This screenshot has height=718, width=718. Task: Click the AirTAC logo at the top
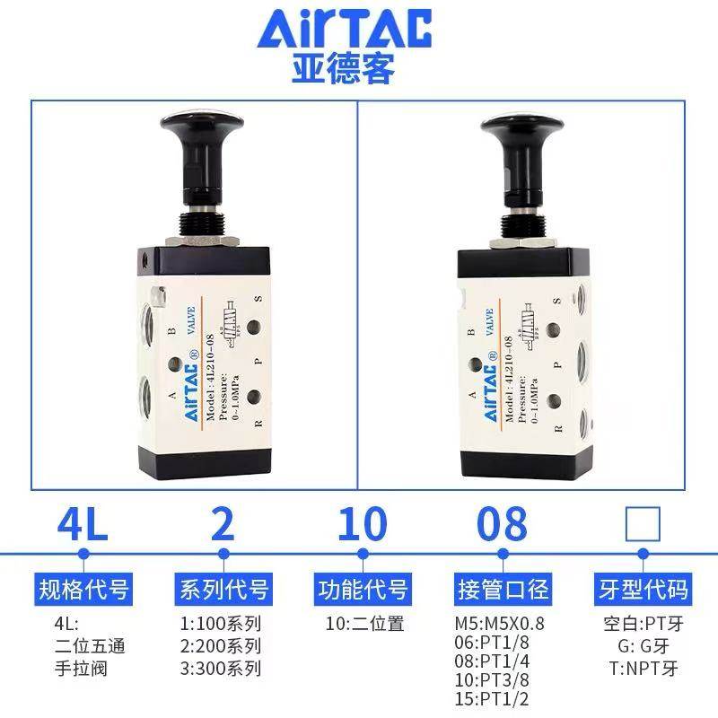click(345, 31)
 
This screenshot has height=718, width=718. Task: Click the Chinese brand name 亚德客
click(344, 70)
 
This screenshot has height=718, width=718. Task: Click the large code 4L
click(83, 524)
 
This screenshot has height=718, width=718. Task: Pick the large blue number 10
click(363, 524)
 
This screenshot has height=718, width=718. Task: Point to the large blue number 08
click(502, 524)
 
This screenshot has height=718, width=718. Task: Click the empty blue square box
click(643, 523)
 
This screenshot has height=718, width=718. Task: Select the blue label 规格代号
click(83, 589)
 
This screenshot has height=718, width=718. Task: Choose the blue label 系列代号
click(223, 589)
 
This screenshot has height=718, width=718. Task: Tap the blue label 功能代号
click(363, 589)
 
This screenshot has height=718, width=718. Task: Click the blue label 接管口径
click(503, 589)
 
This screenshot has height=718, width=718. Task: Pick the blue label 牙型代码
click(643, 589)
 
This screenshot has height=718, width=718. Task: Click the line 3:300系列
click(221, 668)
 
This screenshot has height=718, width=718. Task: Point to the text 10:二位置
click(364, 623)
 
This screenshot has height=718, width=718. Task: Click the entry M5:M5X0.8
click(501, 623)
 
